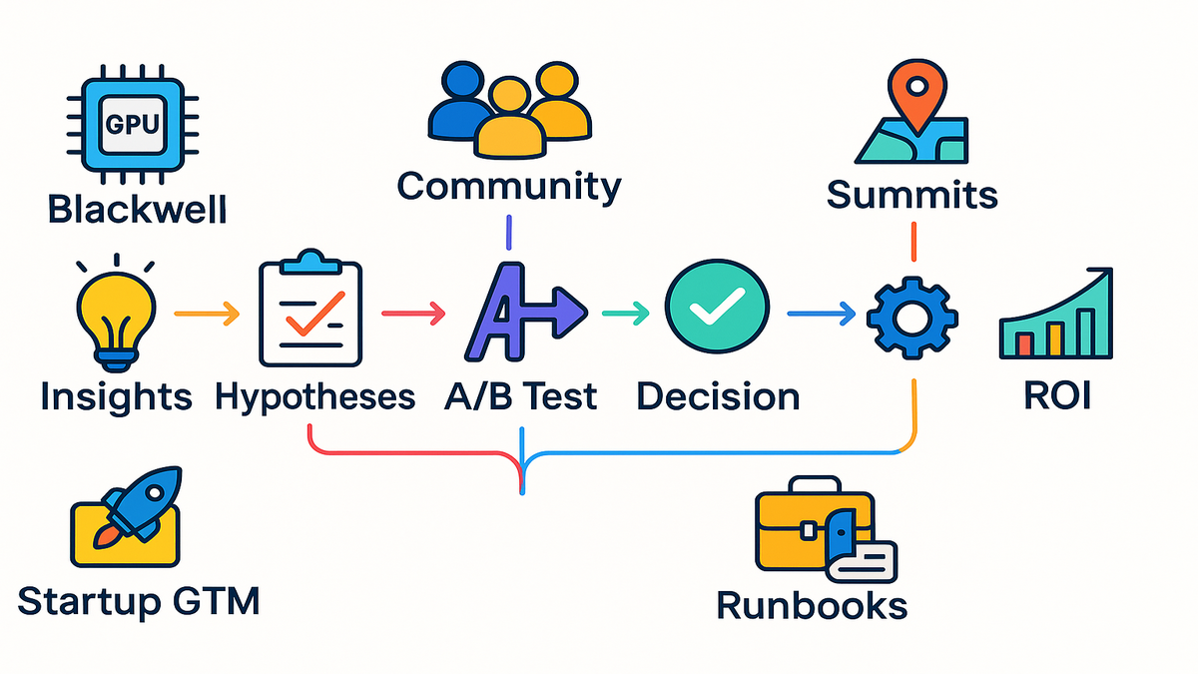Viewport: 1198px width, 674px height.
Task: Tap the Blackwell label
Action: click(x=138, y=210)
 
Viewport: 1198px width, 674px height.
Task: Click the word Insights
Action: click(x=116, y=396)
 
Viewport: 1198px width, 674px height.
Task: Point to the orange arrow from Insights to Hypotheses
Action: click(x=207, y=316)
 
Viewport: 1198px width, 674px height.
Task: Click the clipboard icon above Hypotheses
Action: click(x=311, y=312)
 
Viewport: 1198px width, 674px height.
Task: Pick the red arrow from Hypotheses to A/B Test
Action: click(x=413, y=316)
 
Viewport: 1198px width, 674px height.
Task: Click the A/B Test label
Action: click(x=519, y=396)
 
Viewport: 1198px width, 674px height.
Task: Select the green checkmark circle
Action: click(x=716, y=312)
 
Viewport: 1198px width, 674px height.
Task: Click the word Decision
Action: click(x=717, y=396)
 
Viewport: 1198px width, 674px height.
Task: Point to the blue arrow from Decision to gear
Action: click(x=821, y=316)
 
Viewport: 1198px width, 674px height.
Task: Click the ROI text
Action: click(x=1057, y=396)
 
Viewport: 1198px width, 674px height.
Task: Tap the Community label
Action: click(x=509, y=186)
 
